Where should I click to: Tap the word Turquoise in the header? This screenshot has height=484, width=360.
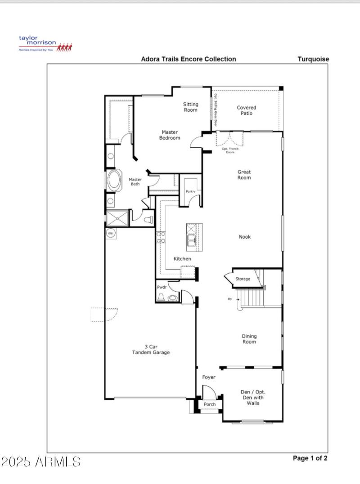click(313, 59)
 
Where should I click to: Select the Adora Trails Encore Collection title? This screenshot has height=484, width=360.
click(188, 59)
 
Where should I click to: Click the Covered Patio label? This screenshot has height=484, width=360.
click(246, 110)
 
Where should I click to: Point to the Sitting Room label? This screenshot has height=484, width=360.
click(190, 107)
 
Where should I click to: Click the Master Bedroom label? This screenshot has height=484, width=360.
click(171, 135)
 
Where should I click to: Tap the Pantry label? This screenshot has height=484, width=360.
click(190, 192)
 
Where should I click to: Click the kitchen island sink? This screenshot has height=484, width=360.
click(192, 240)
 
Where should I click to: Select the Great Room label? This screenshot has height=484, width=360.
click(244, 175)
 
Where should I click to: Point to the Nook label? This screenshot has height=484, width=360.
click(245, 237)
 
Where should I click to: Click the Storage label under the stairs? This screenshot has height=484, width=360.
click(243, 279)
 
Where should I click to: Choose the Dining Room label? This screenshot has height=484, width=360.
click(249, 339)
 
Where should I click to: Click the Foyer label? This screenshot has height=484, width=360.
click(209, 377)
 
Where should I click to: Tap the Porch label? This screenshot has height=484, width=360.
click(210, 404)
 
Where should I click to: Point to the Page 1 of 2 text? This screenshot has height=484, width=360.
click(310, 458)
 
